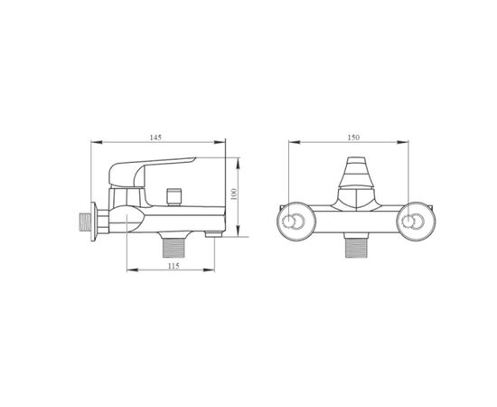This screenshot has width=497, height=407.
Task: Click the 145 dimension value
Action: tap(155, 137)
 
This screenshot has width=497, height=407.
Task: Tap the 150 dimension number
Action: tap(353, 137)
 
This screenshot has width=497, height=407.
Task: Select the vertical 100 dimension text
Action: tap(234, 194)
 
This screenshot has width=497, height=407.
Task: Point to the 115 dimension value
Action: tap(173, 266)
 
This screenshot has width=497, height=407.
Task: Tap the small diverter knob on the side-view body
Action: tap(174, 197)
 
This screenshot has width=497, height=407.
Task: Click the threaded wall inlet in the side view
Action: tap(84, 222)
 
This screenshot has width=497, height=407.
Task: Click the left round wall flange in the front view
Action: tap(295, 222)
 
